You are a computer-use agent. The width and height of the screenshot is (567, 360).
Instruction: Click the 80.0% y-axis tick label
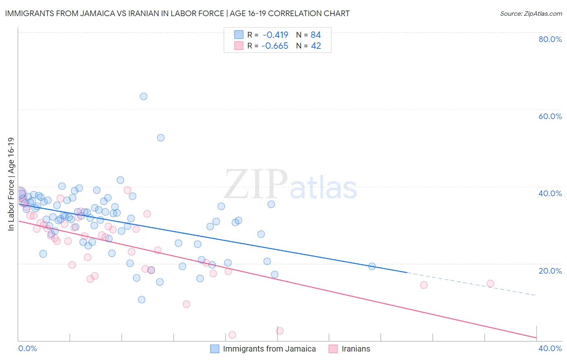[x=550, y=39]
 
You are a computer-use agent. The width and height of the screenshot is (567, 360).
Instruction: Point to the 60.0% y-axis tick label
[x=550, y=116]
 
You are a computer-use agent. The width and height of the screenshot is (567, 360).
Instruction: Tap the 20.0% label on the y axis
[x=550, y=270]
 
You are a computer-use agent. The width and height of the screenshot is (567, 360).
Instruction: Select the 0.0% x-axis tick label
[x=28, y=348]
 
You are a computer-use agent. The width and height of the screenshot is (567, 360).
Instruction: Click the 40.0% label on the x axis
[x=550, y=348]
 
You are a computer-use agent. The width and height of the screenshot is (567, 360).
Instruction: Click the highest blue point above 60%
[x=144, y=96]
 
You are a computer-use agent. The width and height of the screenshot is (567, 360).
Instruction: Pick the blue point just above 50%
[x=161, y=138]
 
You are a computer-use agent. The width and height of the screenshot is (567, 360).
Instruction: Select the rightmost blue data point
[x=372, y=266]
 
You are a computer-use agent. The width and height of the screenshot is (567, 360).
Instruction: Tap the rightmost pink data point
[x=490, y=283]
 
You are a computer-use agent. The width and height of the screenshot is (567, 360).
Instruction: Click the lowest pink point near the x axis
[x=232, y=335]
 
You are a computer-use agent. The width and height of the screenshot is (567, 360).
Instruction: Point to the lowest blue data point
[x=142, y=299]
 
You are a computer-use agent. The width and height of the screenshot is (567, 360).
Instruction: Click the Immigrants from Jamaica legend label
[x=269, y=349]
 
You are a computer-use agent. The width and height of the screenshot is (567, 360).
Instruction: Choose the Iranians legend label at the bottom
[x=356, y=349]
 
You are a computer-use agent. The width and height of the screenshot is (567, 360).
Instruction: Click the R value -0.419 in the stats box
[x=275, y=35]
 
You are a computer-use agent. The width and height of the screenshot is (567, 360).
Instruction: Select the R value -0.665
[x=275, y=46]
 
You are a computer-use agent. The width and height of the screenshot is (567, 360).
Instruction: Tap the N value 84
[x=316, y=35]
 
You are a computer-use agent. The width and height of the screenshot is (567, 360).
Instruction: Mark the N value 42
[x=316, y=46]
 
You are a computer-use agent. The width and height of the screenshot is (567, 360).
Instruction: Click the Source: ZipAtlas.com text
[x=531, y=14]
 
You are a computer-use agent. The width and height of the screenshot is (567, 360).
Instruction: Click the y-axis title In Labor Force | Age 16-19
[x=11, y=184]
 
